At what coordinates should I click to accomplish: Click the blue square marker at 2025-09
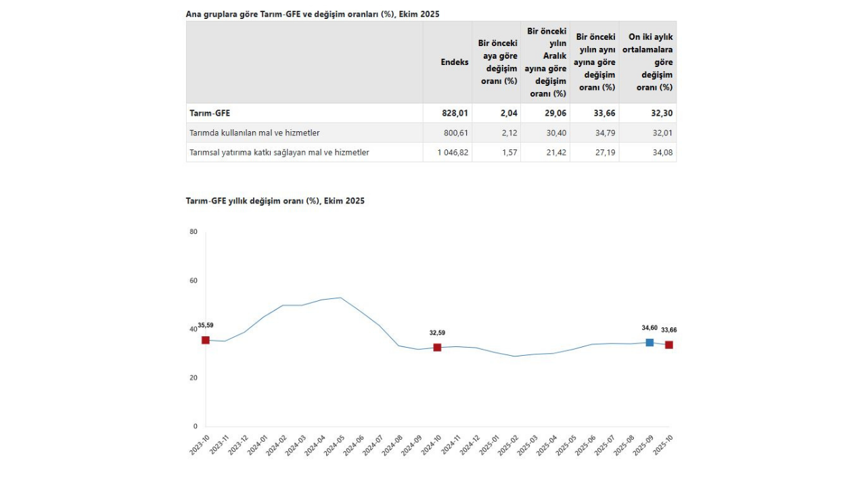click(x=649, y=343)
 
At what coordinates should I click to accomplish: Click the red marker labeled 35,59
click(x=206, y=340)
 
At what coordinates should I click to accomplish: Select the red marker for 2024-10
click(x=437, y=347)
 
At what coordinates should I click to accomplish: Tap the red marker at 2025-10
click(x=669, y=345)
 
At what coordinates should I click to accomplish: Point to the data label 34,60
click(x=649, y=328)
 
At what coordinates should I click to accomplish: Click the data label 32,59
click(x=437, y=333)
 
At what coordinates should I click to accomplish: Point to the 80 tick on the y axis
click(x=193, y=232)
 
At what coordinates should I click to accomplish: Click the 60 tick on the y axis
click(x=193, y=281)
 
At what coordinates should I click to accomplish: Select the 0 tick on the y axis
click(x=195, y=427)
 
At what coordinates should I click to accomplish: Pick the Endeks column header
click(x=455, y=62)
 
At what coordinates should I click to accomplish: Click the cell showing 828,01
click(x=455, y=113)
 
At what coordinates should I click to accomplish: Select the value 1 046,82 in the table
click(x=453, y=153)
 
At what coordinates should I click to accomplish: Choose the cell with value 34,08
click(x=662, y=153)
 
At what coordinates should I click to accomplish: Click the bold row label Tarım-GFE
click(x=210, y=113)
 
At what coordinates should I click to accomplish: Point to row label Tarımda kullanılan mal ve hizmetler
click(x=255, y=133)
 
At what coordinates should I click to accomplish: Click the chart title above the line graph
click(x=275, y=201)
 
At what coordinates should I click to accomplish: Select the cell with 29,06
click(x=555, y=113)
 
